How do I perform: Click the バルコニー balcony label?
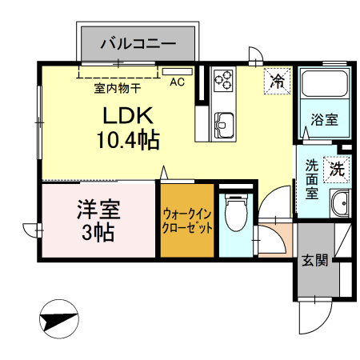tap(137, 44)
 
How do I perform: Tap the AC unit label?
tap(177, 82)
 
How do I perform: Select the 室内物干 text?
tap(116, 89)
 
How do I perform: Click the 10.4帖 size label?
tap(128, 141)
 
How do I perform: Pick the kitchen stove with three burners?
tap(224, 80)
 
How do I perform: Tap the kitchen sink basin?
tap(224, 124)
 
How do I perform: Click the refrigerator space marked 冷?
tap(278, 80)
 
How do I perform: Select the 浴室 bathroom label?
tap(324, 121)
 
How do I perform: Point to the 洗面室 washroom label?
tap(312, 179)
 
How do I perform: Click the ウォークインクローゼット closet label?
tap(187, 222)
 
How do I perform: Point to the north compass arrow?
tap(58, 319)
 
